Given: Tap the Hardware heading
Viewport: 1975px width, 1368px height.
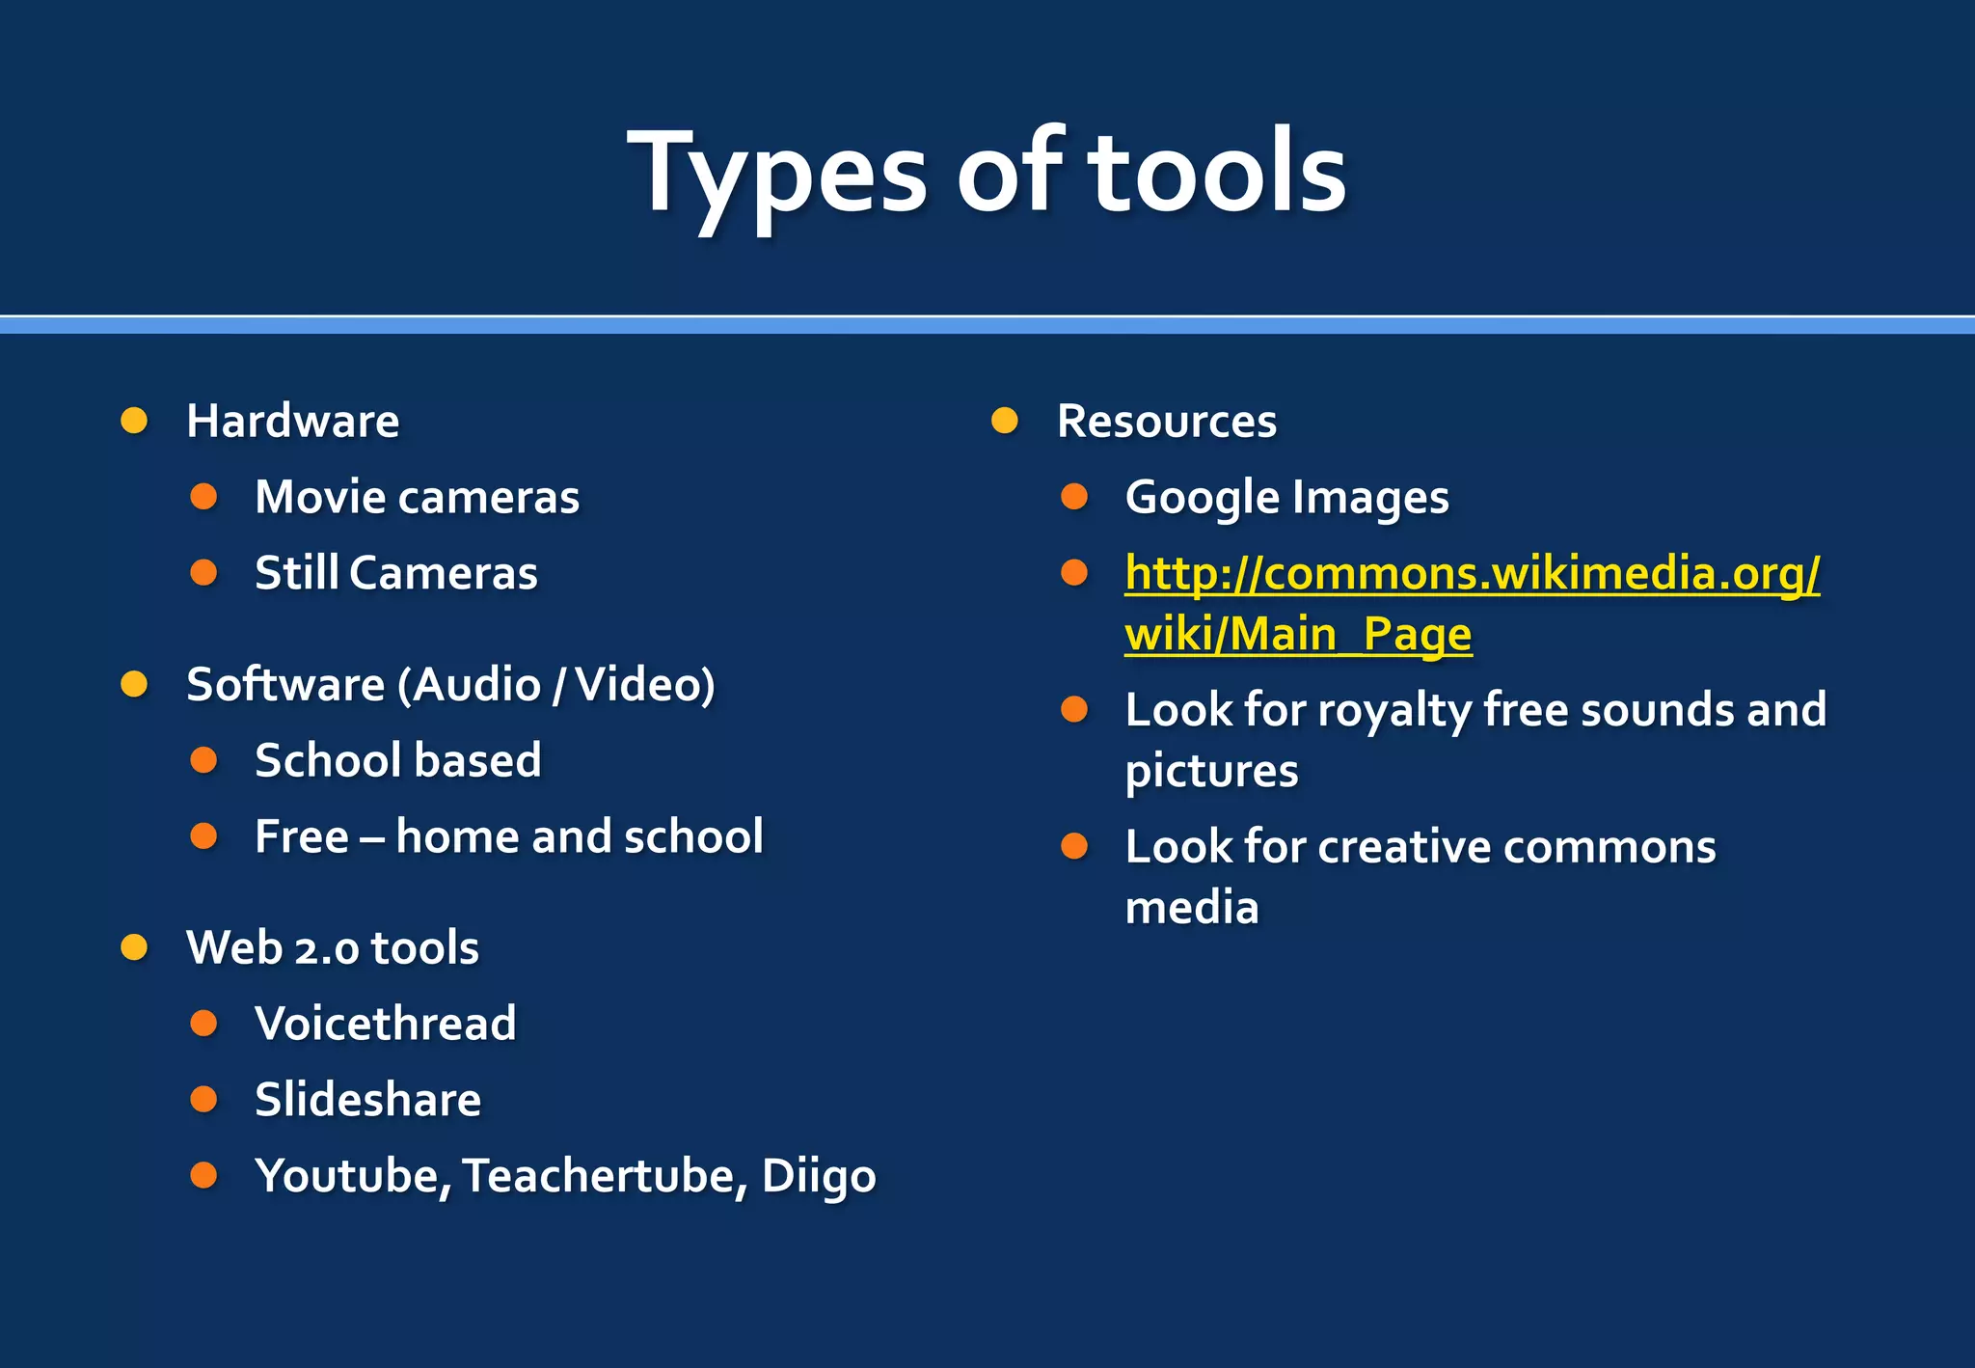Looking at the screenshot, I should click(292, 421).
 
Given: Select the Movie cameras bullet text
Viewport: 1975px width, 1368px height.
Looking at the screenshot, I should click(417, 497).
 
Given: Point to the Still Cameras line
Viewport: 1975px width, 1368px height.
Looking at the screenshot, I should click(395, 573).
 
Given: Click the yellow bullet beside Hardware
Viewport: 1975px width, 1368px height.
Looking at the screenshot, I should click(134, 421).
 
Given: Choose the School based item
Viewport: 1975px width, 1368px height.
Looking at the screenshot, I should click(397, 760).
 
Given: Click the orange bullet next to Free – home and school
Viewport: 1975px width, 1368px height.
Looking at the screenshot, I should click(203, 835).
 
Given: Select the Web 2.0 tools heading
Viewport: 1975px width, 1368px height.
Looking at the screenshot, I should click(332, 947).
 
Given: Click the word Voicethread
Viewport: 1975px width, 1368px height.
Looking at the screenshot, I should click(385, 1023).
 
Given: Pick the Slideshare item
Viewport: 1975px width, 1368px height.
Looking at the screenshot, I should click(367, 1099).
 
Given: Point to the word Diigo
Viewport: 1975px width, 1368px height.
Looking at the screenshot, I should click(818, 1175).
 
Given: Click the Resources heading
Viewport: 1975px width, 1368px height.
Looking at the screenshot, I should click(1166, 421).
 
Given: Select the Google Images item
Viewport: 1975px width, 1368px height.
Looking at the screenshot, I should click(1286, 498).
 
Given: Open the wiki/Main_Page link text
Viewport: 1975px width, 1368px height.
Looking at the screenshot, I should click(1298, 634).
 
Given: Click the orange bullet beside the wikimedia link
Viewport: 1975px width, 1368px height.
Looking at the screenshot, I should click(1074, 573).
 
